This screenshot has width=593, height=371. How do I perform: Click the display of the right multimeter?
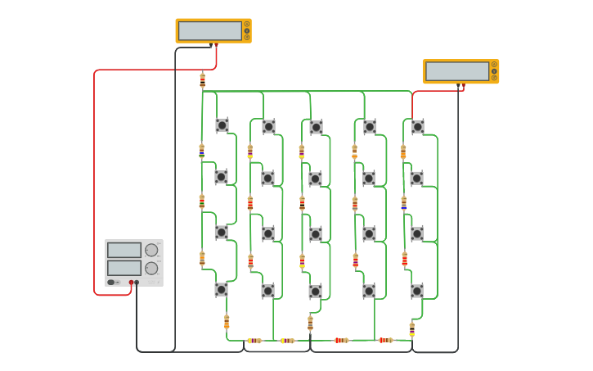click(x=456, y=71)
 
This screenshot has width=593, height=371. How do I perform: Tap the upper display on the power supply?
click(x=124, y=250)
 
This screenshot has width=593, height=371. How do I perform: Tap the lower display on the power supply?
click(x=124, y=268)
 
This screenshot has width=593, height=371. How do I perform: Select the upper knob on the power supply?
click(x=151, y=250)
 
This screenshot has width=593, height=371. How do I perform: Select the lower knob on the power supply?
click(x=151, y=268)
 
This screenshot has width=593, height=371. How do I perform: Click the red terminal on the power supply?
click(x=131, y=283)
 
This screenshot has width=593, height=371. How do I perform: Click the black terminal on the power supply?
click(x=137, y=283)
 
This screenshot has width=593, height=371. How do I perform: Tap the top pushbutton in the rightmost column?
click(x=417, y=126)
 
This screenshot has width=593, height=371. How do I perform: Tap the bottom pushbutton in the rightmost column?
click(x=416, y=291)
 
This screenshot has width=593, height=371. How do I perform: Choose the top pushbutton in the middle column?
click(x=316, y=127)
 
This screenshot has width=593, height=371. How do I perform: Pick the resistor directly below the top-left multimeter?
click(x=202, y=80)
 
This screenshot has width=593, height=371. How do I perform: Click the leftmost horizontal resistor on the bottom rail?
click(x=254, y=340)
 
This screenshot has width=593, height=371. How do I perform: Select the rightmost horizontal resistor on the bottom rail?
click(x=384, y=340)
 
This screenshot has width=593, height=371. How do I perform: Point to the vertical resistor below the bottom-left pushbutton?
click(x=227, y=322)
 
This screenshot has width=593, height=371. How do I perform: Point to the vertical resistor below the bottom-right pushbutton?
click(x=411, y=329)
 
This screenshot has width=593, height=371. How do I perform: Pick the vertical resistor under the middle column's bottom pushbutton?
click(x=310, y=323)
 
